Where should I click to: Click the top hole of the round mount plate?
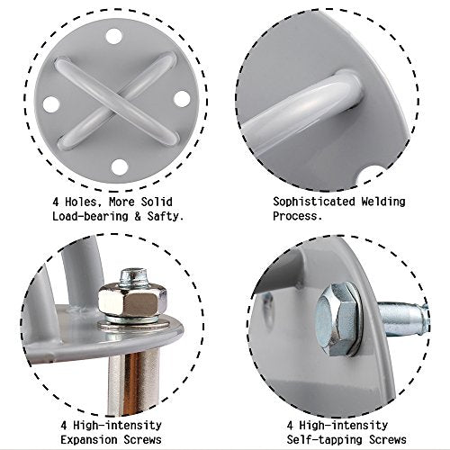[114, 37]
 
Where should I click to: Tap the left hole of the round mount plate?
[51, 104]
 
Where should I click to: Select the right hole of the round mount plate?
[182, 99]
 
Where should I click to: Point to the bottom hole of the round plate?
[119, 167]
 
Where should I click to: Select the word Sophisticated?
[314, 202]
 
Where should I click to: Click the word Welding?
[383, 202]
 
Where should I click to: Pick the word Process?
[297, 216]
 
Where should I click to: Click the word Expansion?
[89, 440]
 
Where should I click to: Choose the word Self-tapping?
[325, 440]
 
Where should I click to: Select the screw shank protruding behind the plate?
[403, 319]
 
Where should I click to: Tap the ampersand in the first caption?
[138, 216]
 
